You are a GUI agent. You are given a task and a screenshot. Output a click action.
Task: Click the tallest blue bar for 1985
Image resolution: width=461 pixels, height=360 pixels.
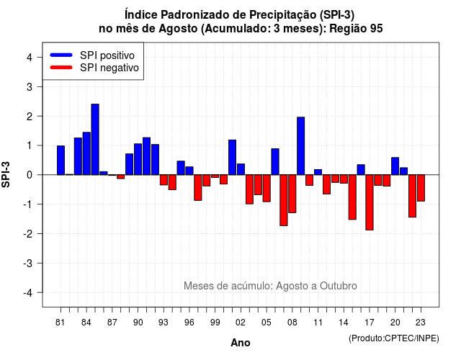95,139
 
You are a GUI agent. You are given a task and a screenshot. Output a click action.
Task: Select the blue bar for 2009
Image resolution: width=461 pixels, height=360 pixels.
301,145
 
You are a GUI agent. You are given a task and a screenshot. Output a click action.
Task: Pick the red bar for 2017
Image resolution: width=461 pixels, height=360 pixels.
370,202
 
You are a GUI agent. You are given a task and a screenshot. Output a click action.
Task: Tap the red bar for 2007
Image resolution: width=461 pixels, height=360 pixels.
284,200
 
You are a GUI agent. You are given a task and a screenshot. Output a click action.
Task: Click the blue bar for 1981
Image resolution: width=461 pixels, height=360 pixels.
61,160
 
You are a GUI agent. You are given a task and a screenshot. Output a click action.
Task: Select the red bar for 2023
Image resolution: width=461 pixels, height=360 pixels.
421,188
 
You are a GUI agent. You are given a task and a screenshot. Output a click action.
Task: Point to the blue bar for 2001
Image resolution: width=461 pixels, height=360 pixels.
232,157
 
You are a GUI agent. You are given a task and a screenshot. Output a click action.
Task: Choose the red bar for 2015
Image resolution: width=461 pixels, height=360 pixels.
352,197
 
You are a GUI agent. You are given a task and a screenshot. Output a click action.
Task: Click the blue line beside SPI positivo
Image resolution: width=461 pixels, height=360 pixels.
61,55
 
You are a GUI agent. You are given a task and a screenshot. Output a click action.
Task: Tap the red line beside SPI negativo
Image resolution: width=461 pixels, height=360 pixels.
61,67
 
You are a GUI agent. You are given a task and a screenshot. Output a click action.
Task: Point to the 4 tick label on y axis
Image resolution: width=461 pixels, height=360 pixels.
30,58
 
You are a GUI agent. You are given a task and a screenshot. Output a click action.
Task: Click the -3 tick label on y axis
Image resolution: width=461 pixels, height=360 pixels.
28,263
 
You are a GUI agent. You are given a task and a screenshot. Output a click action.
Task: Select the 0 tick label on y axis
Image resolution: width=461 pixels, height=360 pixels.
30,175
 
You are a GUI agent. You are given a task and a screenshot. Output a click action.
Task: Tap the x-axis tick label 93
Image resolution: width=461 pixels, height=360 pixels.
164,323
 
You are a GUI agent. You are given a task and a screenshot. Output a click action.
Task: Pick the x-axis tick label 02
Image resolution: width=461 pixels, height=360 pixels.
241,323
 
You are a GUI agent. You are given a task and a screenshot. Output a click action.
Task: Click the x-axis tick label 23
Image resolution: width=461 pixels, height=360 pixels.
421,323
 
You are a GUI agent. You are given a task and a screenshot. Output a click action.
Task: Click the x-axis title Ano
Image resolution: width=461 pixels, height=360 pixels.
241,343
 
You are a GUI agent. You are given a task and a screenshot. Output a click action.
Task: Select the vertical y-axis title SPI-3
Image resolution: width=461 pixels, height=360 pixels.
6,174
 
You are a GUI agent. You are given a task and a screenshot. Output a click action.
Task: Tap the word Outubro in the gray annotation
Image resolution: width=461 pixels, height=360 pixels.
338,286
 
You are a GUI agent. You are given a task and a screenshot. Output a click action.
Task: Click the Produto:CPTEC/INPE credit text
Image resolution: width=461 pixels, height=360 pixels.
394,338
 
